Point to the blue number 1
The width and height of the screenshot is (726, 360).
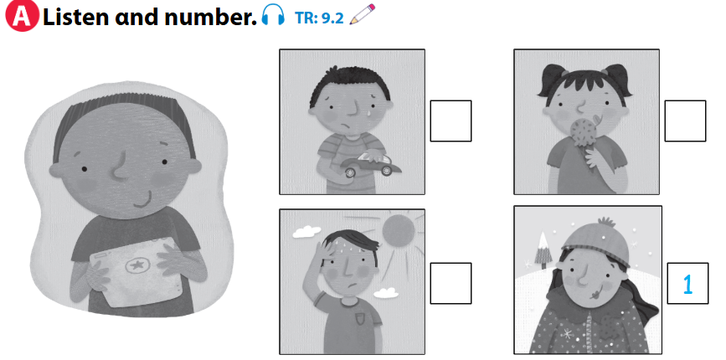(687, 285)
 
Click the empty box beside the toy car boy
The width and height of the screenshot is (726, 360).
(451, 121)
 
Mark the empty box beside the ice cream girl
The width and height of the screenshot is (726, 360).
(685, 121)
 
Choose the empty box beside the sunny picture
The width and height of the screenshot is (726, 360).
(451, 282)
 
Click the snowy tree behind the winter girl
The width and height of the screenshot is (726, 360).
(541, 249)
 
